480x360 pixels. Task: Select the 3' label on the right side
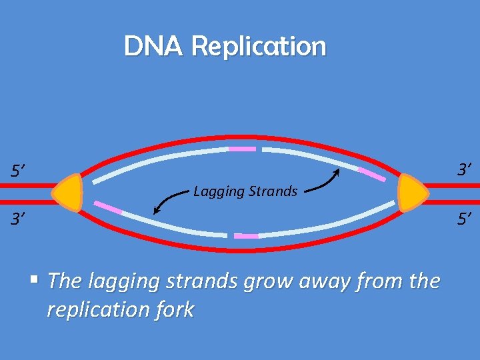click(x=465, y=170)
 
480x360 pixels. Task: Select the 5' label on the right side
click(x=464, y=217)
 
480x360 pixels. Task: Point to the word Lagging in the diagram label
click(x=219, y=192)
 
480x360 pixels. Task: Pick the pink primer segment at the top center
click(x=242, y=149)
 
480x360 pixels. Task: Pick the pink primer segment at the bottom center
click(x=246, y=236)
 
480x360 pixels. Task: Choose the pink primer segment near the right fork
click(x=372, y=175)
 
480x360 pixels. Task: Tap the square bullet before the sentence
click(x=39, y=279)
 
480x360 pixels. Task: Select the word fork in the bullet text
click(x=175, y=310)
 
